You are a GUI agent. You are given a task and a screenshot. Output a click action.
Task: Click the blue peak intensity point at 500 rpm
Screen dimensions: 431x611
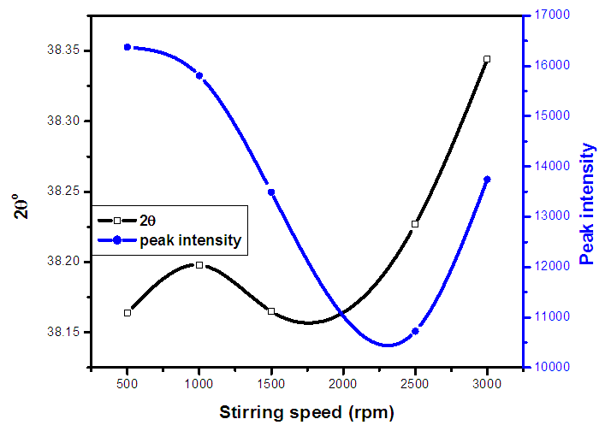pyautogui.click(x=128, y=47)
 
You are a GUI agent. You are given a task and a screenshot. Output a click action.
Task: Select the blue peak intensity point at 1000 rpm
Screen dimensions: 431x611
pyautogui.click(x=199, y=76)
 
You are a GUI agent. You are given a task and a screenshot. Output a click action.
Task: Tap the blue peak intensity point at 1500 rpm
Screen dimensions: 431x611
pyautogui.click(x=271, y=192)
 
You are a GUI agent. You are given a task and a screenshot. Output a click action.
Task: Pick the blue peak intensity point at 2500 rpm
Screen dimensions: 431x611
pyautogui.click(x=415, y=331)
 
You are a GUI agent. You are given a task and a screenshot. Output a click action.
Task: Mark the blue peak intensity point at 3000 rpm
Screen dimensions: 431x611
pyautogui.click(x=487, y=180)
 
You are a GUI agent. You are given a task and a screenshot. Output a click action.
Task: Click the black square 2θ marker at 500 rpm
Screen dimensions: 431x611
pyautogui.click(x=128, y=313)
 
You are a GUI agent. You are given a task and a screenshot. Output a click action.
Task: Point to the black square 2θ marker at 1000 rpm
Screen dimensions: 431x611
pyautogui.click(x=199, y=265)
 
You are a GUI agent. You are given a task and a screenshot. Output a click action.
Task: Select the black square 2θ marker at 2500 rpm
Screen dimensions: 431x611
pyautogui.click(x=415, y=224)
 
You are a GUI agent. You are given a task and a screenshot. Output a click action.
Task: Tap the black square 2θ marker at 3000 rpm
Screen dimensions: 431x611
pyautogui.click(x=487, y=59)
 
